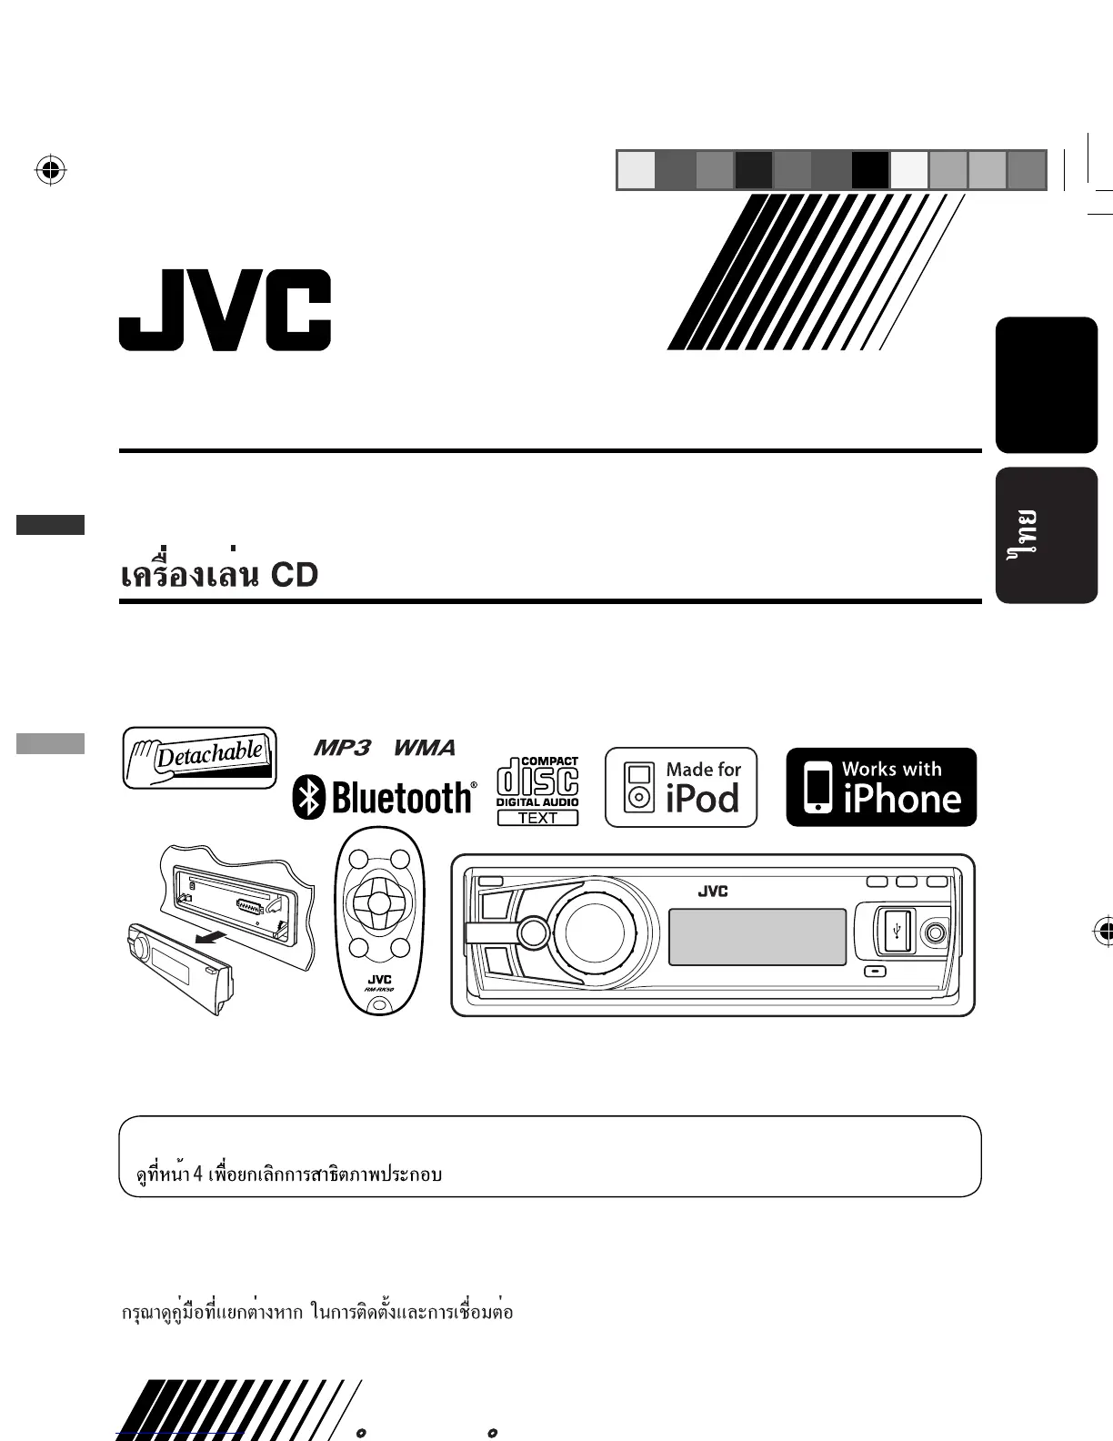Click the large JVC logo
coord(225,309)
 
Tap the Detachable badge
coord(200,758)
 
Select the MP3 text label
coord(342,748)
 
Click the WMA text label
coord(425,748)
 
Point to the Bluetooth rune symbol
coord(308,799)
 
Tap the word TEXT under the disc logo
coord(537,818)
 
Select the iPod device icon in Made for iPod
coord(639,788)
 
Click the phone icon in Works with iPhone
coord(818,788)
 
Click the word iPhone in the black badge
coord(901,800)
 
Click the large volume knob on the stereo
coord(596,932)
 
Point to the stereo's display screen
coord(757,937)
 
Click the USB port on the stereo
coord(897,932)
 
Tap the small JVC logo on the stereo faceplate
coord(713,892)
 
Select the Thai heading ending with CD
coord(219,575)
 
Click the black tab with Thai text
coord(1046,535)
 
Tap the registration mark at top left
coord(51,170)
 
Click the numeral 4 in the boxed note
coord(198,1174)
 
